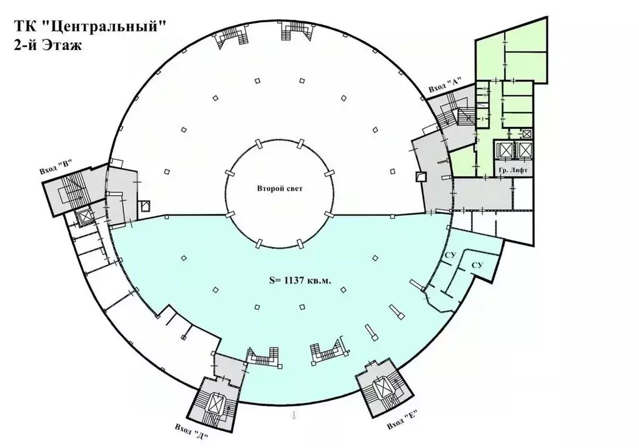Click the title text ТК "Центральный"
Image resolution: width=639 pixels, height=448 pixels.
(x=91, y=26)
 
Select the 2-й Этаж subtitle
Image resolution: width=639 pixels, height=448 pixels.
(x=47, y=44)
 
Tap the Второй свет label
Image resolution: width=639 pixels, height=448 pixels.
(x=280, y=189)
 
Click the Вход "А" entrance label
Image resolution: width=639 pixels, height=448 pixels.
(x=444, y=86)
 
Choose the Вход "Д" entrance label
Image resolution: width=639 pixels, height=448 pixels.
(x=192, y=432)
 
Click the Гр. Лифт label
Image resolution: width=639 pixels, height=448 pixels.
(x=513, y=171)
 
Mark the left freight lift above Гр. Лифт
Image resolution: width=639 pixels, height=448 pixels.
(x=505, y=150)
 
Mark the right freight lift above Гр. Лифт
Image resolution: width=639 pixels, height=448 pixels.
(x=524, y=150)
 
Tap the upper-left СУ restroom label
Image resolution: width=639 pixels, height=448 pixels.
(x=450, y=255)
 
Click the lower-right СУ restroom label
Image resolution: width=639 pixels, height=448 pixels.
(x=477, y=265)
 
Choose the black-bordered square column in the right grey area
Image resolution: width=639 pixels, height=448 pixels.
(x=420, y=176)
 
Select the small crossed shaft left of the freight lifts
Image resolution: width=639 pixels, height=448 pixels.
(x=527, y=133)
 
